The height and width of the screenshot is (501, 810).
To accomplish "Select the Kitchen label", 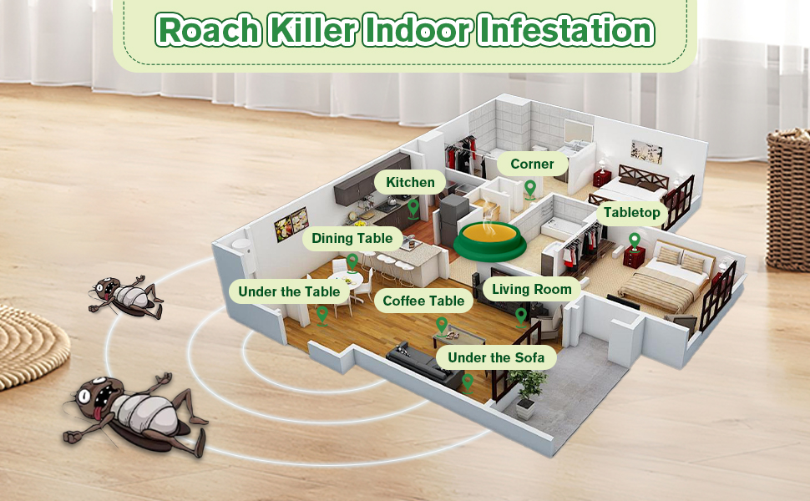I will coord(410,182).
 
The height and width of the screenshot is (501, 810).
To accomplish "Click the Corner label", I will coord(532,164).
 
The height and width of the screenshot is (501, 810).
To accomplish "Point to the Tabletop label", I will coord(632,213).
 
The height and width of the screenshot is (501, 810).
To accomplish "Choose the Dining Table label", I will coord(352,239).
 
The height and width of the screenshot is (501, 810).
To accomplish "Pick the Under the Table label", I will coord(289,291).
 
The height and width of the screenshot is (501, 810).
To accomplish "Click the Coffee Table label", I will coord(423,301).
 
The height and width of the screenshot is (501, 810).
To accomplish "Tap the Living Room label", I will coord(532,290).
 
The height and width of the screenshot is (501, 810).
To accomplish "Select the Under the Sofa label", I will coord(496,358).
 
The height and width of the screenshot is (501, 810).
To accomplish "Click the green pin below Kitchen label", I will coord(413,206).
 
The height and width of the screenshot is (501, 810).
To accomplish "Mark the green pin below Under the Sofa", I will coord(468,382).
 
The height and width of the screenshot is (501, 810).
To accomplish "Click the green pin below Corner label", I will coord(529,188).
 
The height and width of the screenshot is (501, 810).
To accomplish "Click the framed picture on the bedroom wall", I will coord(646,152).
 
